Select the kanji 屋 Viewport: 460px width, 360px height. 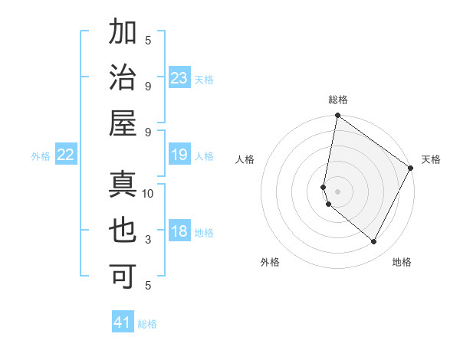coord(123,123)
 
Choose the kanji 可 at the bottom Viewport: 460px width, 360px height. coord(123,275)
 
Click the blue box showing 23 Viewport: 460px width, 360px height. coord(179,78)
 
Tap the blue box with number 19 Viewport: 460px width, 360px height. coord(179,155)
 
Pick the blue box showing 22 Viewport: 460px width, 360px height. coord(66,155)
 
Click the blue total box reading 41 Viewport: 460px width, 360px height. coord(123,322)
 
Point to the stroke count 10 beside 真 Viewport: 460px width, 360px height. coord(149,194)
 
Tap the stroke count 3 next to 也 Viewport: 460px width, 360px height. coord(149,240)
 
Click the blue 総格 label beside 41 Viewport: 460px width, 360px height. coord(147,324)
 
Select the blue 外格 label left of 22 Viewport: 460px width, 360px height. coord(41,156)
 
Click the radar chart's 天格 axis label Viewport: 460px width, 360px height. coord(431,159)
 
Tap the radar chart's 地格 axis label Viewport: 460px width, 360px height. coord(402,262)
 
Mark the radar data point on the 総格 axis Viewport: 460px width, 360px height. coord(337,116)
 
